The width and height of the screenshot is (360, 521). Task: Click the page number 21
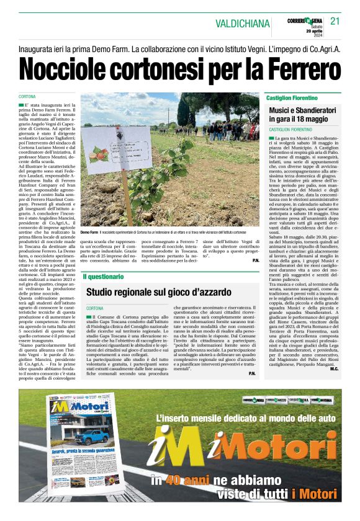tap(335, 21)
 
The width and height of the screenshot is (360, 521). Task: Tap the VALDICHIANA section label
tap(243, 24)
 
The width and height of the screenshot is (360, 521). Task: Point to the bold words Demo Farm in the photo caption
tap(89, 231)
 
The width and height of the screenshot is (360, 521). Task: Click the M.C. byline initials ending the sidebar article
tap(334, 370)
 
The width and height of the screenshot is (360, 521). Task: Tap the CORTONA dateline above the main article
tap(27, 97)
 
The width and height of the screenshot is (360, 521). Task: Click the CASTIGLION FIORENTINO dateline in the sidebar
tap(290, 129)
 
